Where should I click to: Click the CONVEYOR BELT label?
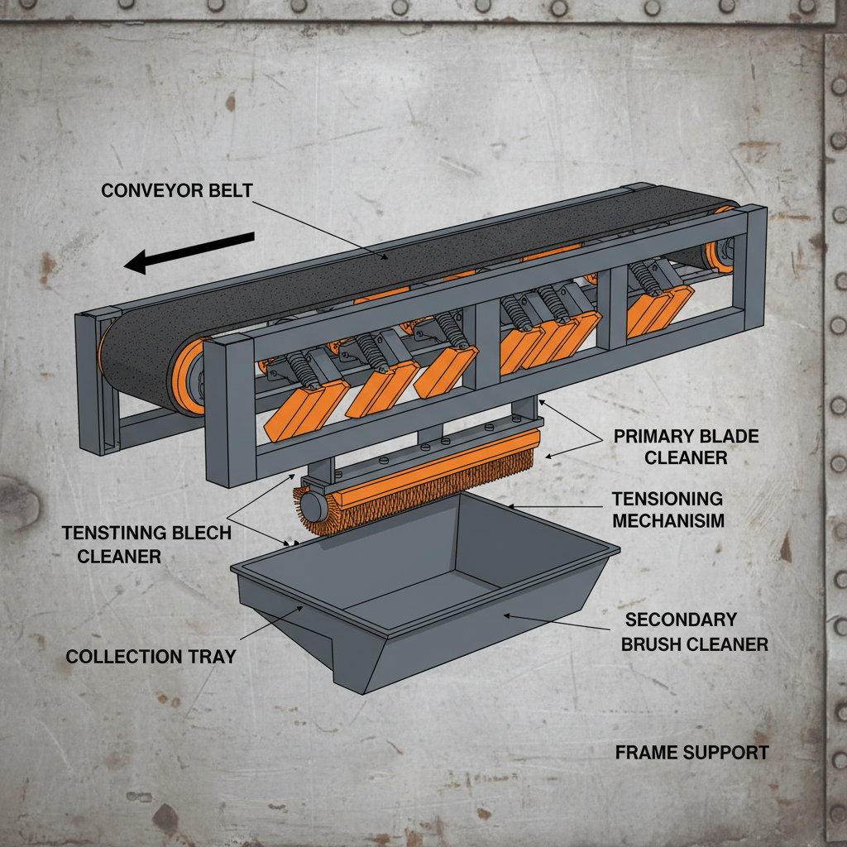(x=176, y=190)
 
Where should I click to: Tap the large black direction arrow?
(x=189, y=253)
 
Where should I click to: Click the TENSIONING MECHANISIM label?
(x=668, y=510)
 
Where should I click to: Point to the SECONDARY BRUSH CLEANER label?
(x=695, y=632)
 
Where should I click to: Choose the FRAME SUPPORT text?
(x=691, y=753)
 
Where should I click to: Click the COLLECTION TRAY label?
(x=151, y=657)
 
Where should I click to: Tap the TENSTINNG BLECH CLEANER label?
(x=146, y=544)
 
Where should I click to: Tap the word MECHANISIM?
(x=668, y=520)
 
